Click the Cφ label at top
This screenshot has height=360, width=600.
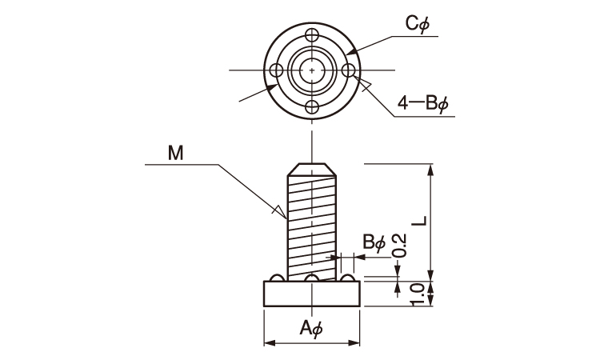[x=418, y=25]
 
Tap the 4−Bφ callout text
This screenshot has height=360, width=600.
[x=423, y=103]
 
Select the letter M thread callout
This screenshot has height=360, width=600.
[x=175, y=152]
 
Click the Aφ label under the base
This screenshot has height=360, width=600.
[x=310, y=327]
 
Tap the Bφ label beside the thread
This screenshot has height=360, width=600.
[x=374, y=242]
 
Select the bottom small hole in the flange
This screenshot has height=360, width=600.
[x=312, y=107]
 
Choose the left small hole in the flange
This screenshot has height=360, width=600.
[x=276, y=71]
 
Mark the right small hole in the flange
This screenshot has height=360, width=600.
[x=348, y=71]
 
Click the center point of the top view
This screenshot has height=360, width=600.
[x=312, y=71]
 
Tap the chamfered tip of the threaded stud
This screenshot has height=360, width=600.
[x=312, y=169]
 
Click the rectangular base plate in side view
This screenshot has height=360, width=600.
[x=312, y=294]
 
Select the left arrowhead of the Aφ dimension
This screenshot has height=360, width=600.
[x=269, y=344]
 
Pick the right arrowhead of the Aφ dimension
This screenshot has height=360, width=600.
[x=356, y=344]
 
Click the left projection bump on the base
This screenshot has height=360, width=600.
[x=276, y=278]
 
